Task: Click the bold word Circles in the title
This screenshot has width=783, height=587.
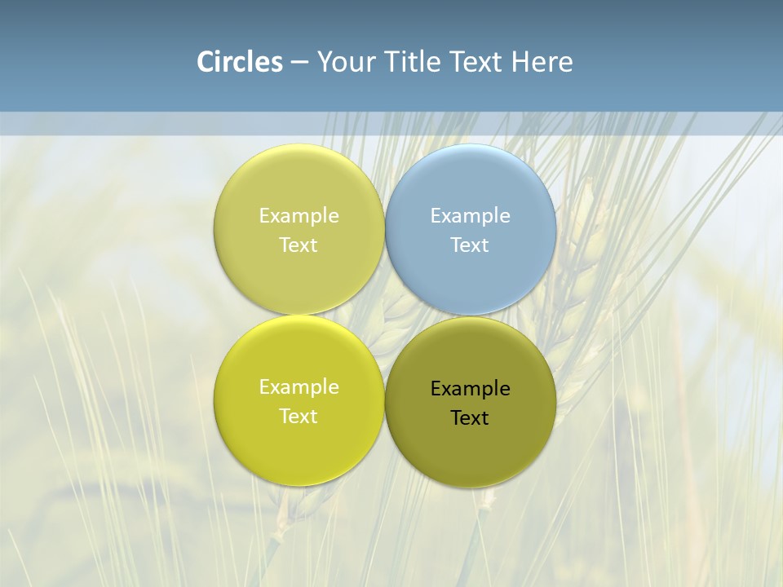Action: click(240, 62)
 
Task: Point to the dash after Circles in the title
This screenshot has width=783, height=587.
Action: click(299, 63)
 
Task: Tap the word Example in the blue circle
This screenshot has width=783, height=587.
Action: click(470, 215)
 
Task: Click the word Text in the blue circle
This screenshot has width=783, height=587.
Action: click(470, 245)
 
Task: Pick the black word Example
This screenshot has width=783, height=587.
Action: click(470, 388)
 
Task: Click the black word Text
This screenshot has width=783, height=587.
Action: click(470, 417)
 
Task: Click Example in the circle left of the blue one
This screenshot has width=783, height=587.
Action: click(299, 215)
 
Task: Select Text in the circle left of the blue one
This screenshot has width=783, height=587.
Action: click(299, 245)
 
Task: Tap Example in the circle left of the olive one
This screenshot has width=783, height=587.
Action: click(299, 386)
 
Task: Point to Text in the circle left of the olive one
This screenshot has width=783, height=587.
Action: click(299, 416)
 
